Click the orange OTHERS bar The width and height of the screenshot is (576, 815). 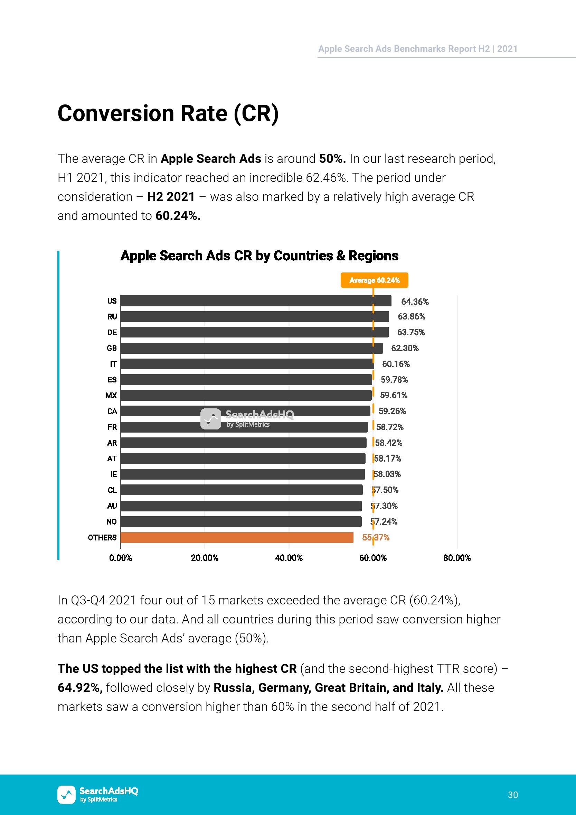pos(237,537)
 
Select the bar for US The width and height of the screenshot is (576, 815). pos(256,301)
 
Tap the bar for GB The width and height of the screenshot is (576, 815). pos(252,348)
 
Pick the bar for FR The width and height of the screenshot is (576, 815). pos(244,427)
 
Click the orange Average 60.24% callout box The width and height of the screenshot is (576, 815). pos(374,280)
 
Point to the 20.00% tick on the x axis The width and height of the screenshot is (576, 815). pos(205,558)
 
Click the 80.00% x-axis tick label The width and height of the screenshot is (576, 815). pos(457,558)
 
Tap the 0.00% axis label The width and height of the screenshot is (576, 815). pos(121,558)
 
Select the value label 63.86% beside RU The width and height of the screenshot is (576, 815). pos(412,317)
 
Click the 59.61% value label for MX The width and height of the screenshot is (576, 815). pos(394,396)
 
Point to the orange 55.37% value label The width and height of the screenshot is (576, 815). pos(376,538)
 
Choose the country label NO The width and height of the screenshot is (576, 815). pos(111,522)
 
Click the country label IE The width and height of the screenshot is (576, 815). pos(113,474)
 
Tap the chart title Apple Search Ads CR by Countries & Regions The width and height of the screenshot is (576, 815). pos(259,256)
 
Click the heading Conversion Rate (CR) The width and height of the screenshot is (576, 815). pos(168,114)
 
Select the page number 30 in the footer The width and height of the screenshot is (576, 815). pos(513,795)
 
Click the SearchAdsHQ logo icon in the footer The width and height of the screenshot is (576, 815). pos(66,794)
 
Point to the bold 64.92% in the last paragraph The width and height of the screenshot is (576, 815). pos(80,687)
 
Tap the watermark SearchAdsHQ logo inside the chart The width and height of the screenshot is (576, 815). pos(247,419)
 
